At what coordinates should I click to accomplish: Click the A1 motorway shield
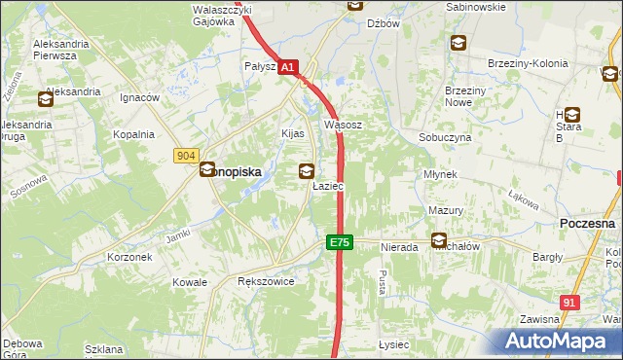point(287,68)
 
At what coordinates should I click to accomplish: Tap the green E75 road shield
point(339,242)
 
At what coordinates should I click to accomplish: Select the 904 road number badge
point(188,156)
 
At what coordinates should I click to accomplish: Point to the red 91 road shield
point(570,304)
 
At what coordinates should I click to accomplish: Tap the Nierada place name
point(399,248)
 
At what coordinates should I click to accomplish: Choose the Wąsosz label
point(343,126)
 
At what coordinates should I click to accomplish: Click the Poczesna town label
point(589,223)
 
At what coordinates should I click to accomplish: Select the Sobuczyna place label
point(445,138)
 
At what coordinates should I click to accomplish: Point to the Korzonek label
point(129,258)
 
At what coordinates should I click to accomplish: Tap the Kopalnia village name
point(133,135)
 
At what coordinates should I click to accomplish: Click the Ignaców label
point(139,98)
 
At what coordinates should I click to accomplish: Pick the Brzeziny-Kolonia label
point(527,63)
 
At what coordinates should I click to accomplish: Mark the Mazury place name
point(445,210)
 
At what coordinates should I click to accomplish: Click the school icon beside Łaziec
point(307,171)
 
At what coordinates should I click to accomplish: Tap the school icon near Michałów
point(440,240)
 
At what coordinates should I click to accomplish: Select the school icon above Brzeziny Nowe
point(458,43)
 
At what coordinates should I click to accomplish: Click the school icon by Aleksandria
point(46,98)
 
